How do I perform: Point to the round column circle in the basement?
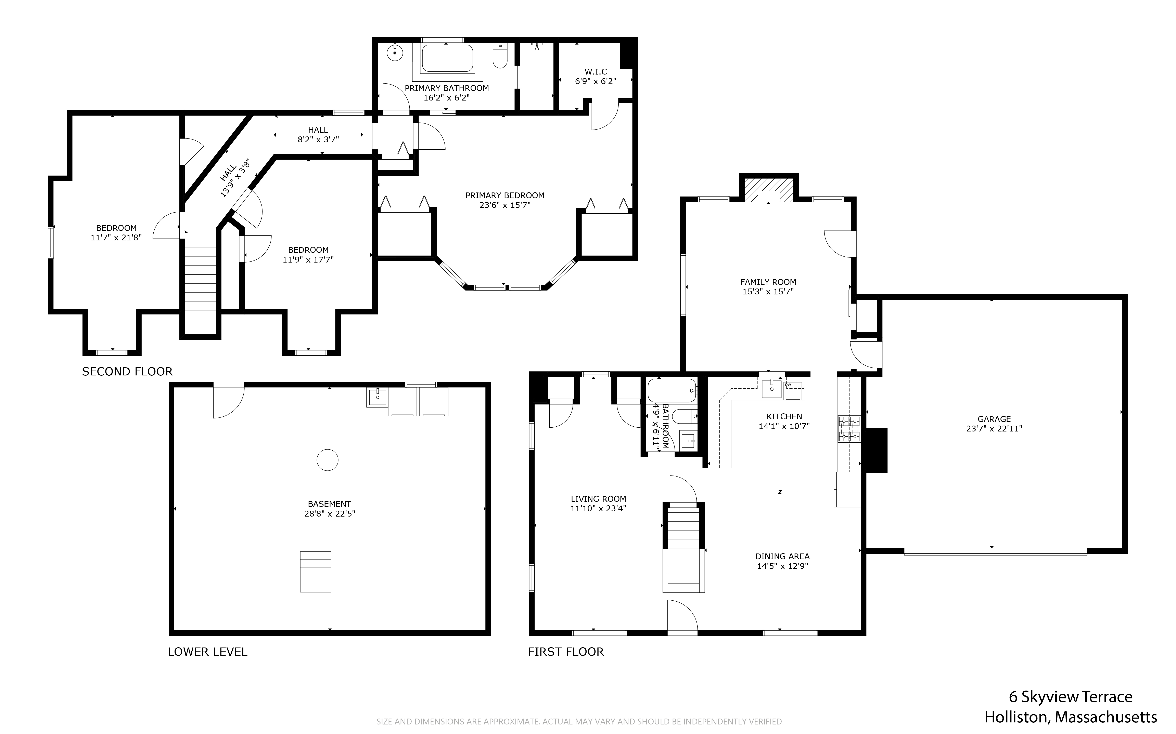point(327,460)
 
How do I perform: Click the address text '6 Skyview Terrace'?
point(1071,697)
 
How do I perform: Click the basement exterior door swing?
point(228,400)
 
